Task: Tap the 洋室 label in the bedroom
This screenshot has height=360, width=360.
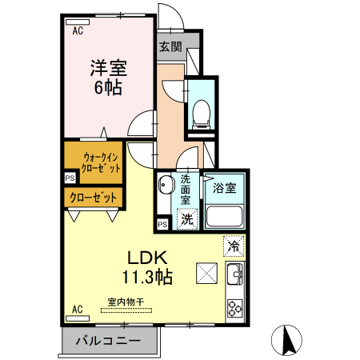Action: (x=106, y=69)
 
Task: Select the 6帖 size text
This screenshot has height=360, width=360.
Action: (x=106, y=88)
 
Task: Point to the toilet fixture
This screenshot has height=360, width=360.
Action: (x=200, y=111)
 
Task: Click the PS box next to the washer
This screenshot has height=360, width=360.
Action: (x=162, y=224)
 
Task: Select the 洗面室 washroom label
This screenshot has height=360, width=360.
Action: (x=186, y=190)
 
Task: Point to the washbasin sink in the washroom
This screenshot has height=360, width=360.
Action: (x=166, y=187)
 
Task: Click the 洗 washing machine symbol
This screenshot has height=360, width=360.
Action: (x=186, y=218)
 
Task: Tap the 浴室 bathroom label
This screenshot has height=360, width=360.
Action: (x=224, y=189)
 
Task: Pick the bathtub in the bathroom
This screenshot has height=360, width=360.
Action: (x=226, y=215)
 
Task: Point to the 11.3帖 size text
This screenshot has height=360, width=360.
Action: (x=147, y=278)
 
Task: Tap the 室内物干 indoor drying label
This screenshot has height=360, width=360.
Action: (x=126, y=302)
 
